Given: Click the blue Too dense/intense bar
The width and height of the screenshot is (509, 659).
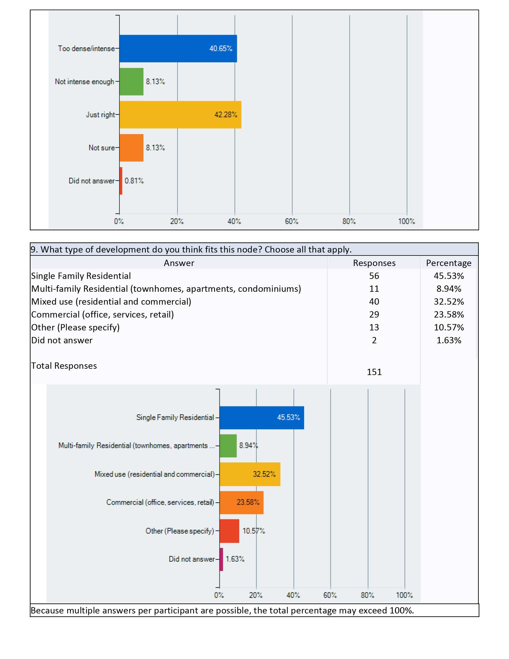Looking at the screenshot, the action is click(178, 49).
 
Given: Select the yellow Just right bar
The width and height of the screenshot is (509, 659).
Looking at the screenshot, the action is click(180, 115).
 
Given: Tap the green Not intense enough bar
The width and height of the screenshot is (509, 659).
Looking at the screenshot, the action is click(131, 81).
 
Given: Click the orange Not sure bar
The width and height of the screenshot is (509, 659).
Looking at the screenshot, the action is click(131, 148).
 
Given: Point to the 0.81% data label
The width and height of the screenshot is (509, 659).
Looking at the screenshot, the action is click(134, 181).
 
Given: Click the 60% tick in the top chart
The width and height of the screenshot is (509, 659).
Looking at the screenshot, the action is click(292, 221).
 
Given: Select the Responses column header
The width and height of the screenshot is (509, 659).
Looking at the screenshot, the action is click(374, 263).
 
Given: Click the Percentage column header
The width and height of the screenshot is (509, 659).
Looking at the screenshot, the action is click(449, 263).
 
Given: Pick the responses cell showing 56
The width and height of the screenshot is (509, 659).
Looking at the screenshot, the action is click(374, 276).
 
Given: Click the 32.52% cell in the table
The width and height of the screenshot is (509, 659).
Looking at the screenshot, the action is click(449, 302).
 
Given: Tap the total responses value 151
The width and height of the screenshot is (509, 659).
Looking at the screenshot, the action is click(374, 372).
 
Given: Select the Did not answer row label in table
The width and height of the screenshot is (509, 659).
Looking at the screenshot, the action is click(62, 340).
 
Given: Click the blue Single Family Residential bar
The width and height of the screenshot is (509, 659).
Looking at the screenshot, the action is click(262, 418).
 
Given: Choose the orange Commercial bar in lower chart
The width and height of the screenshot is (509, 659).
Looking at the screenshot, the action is click(242, 503).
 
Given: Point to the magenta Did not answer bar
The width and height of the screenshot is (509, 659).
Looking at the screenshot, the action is click(221, 560).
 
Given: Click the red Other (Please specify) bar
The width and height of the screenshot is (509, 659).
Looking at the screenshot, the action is click(229, 531).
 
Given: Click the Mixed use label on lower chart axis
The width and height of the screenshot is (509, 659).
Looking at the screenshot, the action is click(155, 474).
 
